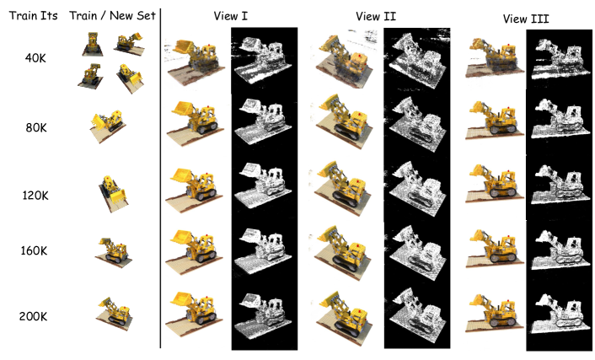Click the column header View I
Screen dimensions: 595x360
pyautogui.click(x=230, y=16)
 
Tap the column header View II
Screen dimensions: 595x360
pyautogui.click(x=376, y=16)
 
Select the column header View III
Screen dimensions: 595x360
pyautogui.click(x=526, y=19)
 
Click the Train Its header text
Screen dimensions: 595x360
pyautogui.click(x=34, y=15)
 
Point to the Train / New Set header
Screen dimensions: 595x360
pyautogui.click(x=112, y=15)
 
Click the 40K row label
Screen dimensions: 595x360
pyautogui.click(x=35, y=58)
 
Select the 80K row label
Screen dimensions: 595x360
pyautogui.click(x=36, y=127)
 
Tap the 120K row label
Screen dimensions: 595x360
pyautogui.click(x=35, y=196)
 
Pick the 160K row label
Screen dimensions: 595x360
pyautogui.click(x=34, y=250)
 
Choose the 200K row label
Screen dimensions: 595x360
pyautogui.click(x=33, y=316)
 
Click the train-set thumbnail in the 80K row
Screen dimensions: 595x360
pyautogui.click(x=108, y=126)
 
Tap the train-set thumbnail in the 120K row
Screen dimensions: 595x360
pyautogui.click(x=112, y=194)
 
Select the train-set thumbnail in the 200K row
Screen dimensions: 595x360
pyautogui.click(x=114, y=314)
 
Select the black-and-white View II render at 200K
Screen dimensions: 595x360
pyautogui.click(x=417, y=314)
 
